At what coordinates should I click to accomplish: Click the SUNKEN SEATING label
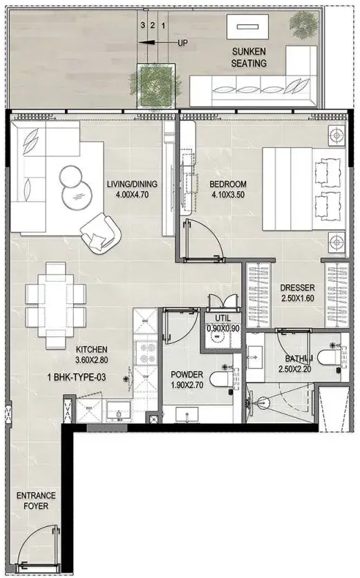[x=249, y=57]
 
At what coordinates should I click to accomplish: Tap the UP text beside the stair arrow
[x=182, y=43]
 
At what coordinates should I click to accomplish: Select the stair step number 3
[x=142, y=26]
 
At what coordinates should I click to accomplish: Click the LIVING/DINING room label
[x=132, y=184]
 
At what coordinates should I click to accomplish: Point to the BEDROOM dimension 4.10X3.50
[x=227, y=195]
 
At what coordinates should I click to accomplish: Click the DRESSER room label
[x=297, y=287]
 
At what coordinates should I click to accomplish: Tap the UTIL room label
[x=222, y=318]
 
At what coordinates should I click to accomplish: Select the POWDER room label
[x=187, y=374]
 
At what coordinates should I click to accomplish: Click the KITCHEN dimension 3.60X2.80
[x=91, y=360]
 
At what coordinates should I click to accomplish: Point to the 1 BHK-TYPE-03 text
[x=77, y=377]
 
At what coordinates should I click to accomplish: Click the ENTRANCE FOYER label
[x=36, y=501]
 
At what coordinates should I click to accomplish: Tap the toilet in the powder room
[x=221, y=378]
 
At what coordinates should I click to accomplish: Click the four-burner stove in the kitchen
[x=146, y=353]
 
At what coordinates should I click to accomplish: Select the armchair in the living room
[x=101, y=233]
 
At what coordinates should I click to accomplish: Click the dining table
[x=56, y=306]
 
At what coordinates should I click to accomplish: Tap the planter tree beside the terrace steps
[x=155, y=86]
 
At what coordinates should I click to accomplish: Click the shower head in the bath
[x=262, y=402]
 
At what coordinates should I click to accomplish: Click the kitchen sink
[x=118, y=411]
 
